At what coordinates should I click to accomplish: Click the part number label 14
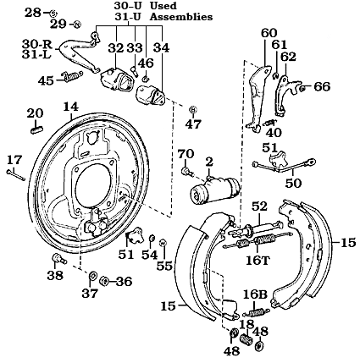point(69,107)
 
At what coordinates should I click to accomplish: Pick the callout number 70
point(186,153)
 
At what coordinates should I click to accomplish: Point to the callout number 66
point(322,86)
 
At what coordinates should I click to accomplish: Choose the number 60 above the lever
point(269,33)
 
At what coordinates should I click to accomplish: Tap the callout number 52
point(258,206)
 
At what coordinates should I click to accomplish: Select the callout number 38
point(55,274)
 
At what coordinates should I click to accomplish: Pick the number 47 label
point(194,124)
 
